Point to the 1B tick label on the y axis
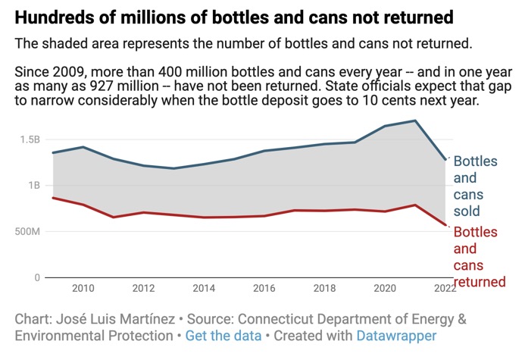click(x=34, y=186)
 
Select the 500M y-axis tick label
click(x=27, y=231)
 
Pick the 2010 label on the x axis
click(x=83, y=289)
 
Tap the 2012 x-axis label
click(x=144, y=289)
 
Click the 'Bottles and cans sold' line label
click(x=477, y=186)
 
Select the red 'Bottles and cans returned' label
click(x=479, y=257)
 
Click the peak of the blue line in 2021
click(x=415, y=121)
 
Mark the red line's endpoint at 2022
click(x=446, y=225)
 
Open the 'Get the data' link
click(x=224, y=335)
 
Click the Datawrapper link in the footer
click(x=399, y=335)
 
